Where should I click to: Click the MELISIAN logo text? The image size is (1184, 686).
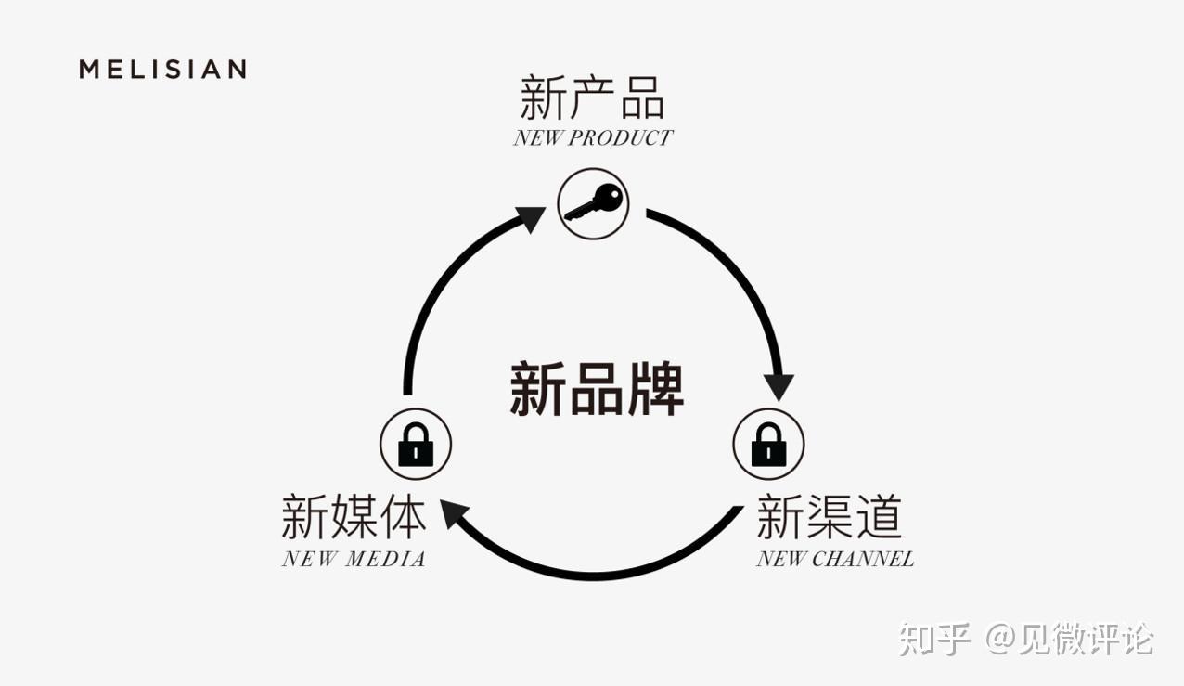point(162,70)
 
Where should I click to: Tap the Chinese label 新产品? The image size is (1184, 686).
point(592,97)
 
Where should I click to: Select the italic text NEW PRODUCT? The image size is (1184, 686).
point(592,138)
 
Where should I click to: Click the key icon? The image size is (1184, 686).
point(594,202)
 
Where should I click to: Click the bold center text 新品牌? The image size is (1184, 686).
point(597,389)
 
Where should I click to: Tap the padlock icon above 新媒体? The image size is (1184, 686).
point(416,444)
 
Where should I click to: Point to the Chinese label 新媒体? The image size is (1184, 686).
point(354,517)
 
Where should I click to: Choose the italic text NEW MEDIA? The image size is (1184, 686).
point(354,559)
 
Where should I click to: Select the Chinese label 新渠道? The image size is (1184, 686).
point(829,517)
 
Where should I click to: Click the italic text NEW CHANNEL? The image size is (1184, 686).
point(834,559)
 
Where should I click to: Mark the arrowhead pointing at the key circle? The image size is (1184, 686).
point(531,219)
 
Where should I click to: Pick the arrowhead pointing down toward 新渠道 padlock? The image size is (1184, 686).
point(779,385)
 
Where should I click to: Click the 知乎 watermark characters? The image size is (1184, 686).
point(934,640)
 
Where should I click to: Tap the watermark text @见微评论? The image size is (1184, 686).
point(1069,640)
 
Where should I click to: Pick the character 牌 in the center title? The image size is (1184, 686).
point(655,389)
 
